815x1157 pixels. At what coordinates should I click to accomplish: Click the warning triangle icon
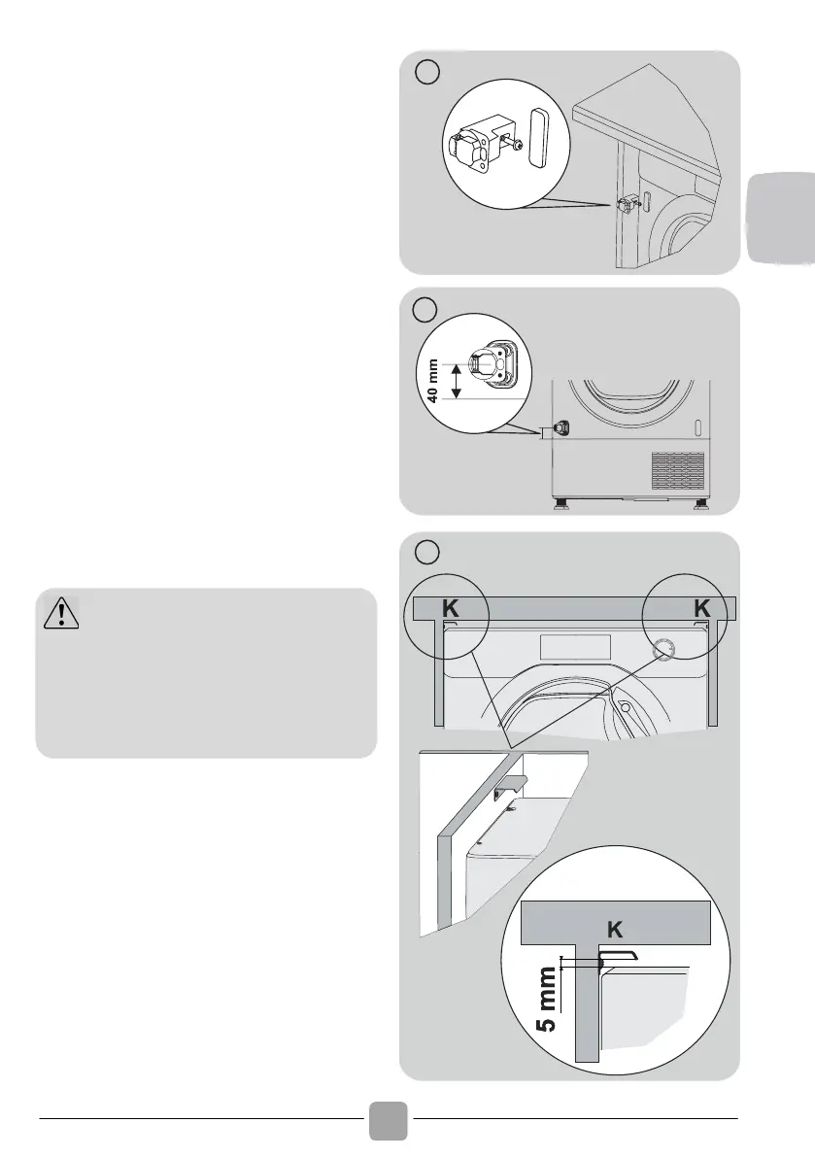click(x=60, y=613)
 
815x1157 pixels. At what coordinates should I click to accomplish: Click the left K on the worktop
click(x=449, y=609)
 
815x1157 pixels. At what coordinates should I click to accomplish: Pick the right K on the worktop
click(x=705, y=609)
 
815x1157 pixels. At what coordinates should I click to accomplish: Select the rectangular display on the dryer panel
click(x=572, y=647)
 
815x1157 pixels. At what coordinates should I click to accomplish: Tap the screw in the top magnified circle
click(x=516, y=145)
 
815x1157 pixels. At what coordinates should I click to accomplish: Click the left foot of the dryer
click(x=560, y=503)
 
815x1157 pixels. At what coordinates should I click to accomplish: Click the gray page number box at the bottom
click(x=388, y=1119)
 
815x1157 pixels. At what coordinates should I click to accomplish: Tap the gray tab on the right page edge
click(x=782, y=218)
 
